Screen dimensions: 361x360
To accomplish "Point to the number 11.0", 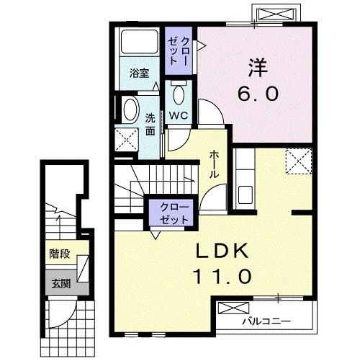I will (221, 276).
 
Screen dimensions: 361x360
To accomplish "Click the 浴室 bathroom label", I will (138, 73).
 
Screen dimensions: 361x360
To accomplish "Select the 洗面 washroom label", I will (150, 124).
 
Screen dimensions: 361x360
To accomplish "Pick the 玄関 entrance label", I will (59, 282).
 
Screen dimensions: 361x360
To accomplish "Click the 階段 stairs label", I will (59, 254).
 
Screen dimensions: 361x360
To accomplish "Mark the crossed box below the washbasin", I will (127, 141).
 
